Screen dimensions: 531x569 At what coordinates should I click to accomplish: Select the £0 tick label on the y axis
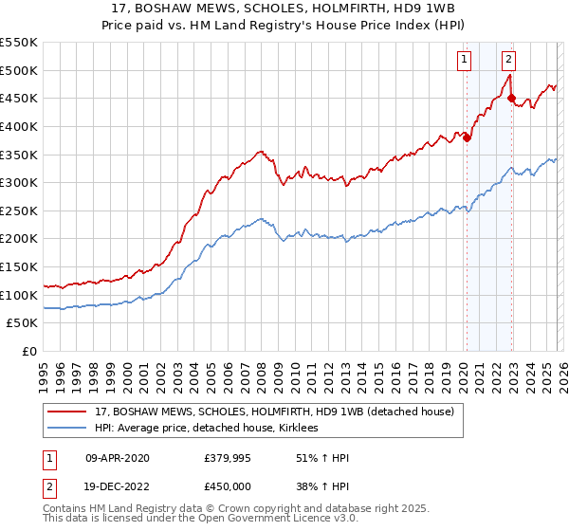pos(28,352)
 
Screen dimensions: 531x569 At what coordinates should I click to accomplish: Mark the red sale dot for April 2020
pos(467,137)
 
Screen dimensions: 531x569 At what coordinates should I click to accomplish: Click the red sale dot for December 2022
pos(511,98)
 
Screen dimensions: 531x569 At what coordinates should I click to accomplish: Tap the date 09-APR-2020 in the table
pos(117,458)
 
